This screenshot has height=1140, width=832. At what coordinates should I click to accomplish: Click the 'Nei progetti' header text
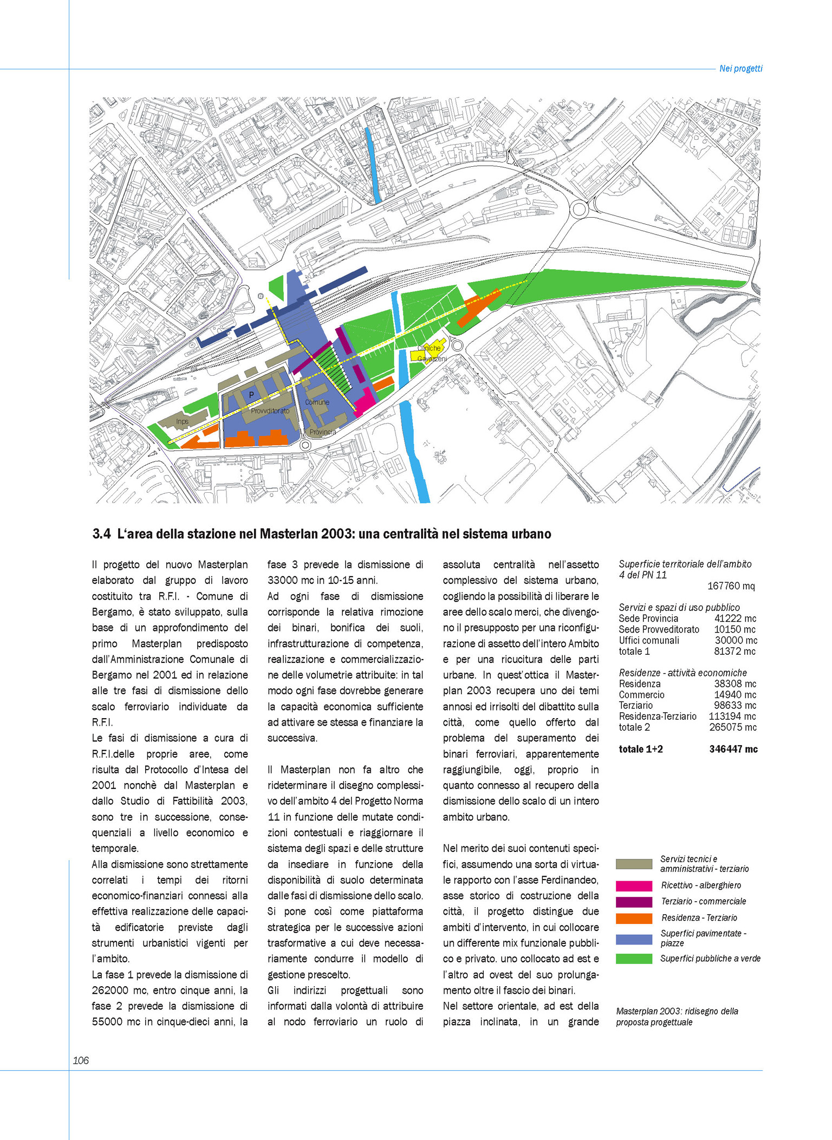(x=740, y=69)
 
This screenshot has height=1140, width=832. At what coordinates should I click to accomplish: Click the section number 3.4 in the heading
(x=101, y=535)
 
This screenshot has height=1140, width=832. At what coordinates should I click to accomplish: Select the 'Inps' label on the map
(x=182, y=421)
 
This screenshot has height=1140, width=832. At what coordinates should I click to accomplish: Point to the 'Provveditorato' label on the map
(x=270, y=411)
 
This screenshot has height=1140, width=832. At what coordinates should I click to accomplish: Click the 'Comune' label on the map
(x=317, y=402)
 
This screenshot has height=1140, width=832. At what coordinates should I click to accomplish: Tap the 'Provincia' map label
(x=323, y=432)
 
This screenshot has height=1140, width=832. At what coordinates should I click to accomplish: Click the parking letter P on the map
(x=251, y=395)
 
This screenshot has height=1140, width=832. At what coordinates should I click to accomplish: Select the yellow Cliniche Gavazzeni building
(x=428, y=353)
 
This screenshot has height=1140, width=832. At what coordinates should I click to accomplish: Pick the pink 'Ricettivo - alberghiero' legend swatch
(x=634, y=886)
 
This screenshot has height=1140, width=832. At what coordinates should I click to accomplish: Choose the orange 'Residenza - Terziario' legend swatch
(x=634, y=918)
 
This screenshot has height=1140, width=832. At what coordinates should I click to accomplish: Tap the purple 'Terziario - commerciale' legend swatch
(x=634, y=902)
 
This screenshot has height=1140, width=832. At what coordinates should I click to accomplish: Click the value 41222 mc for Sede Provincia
(x=735, y=618)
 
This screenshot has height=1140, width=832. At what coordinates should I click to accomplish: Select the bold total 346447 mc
(x=733, y=750)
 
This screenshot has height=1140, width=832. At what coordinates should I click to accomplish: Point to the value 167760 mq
(x=731, y=586)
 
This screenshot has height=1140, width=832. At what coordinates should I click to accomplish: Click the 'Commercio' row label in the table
(x=641, y=695)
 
